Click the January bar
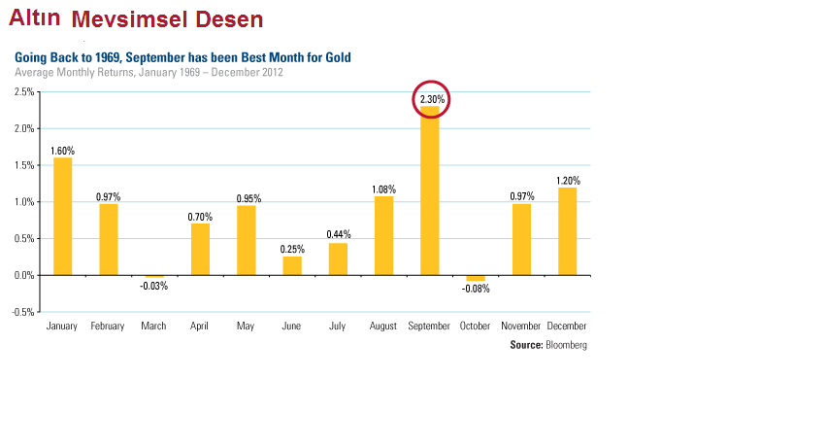[62, 216]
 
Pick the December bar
[568, 231]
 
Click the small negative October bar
[476, 278]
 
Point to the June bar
[292, 265]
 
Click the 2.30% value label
[432, 99]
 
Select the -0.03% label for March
[153, 286]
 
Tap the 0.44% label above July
[338, 234]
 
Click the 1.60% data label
[62, 151]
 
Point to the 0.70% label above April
[200, 216]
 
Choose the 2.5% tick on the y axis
[24, 92]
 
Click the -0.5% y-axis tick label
[23, 312]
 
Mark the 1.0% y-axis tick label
[24, 202]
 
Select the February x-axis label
[108, 327]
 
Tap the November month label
[522, 327]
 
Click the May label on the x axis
[246, 327]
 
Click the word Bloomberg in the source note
[567, 345]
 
